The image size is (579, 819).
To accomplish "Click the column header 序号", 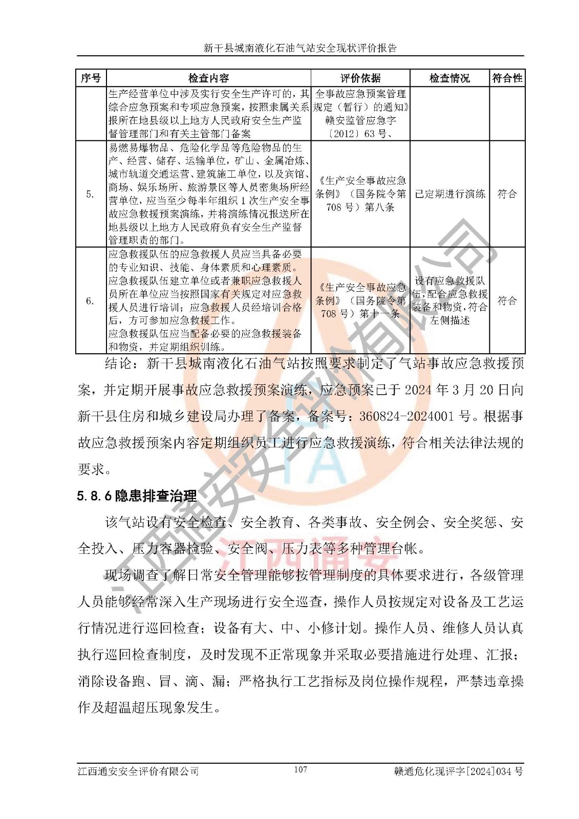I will pyautogui.click(x=91, y=78).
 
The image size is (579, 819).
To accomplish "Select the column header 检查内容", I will pyautogui.click(x=208, y=78).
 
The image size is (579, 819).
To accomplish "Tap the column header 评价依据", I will pyautogui.click(x=360, y=78).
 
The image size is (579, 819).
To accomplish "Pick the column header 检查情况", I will pyautogui.click(x=449, y=78).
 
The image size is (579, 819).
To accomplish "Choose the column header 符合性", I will pyautogui.click(x=507, y=78).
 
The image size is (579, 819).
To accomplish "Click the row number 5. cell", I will pyautogui.click(x=91, y=194).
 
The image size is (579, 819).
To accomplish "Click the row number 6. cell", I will pyautogui.click(x=91, y=300).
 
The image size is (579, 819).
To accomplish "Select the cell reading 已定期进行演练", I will pyautogui.click(x=449, y=194).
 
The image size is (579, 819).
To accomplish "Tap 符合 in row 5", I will pyautogui.click(x=507, y=194).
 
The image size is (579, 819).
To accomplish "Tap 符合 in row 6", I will pyautogui.click(x=507, y=300).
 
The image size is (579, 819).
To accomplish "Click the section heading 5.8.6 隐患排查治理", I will pyautogui.click(x=137, y=495).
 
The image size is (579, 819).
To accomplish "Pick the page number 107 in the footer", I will pyautogui.click(x=301, y=769).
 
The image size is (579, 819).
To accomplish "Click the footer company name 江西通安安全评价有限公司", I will pyautogui.click(x=138, y=771).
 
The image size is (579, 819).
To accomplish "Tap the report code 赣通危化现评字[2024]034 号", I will pyautogui.click(x=458, y=771).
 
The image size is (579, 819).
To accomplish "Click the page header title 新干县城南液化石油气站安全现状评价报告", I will pyautogui.click(x=301, y=48).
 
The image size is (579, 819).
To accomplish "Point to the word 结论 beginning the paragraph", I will pyautogui.click(x=118, y=363).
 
